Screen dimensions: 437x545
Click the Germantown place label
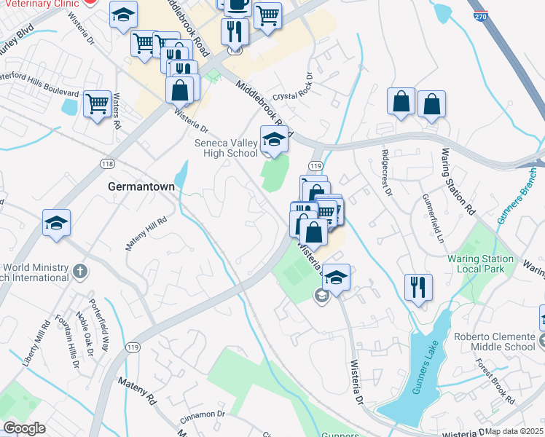tap(141, 186)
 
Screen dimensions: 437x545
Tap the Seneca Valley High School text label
tap(226, 148)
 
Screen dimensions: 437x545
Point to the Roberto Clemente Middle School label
tap(495, 342)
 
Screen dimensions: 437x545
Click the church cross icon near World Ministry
tap(80, 272)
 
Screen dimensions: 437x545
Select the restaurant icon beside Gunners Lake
tap(418, 286)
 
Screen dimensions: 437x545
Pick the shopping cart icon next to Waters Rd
tap(96, 103)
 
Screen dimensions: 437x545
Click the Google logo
tap(24, 428)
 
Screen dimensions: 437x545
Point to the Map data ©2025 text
tap(514, 431)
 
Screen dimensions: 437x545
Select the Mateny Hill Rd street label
tap(146, 234)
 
